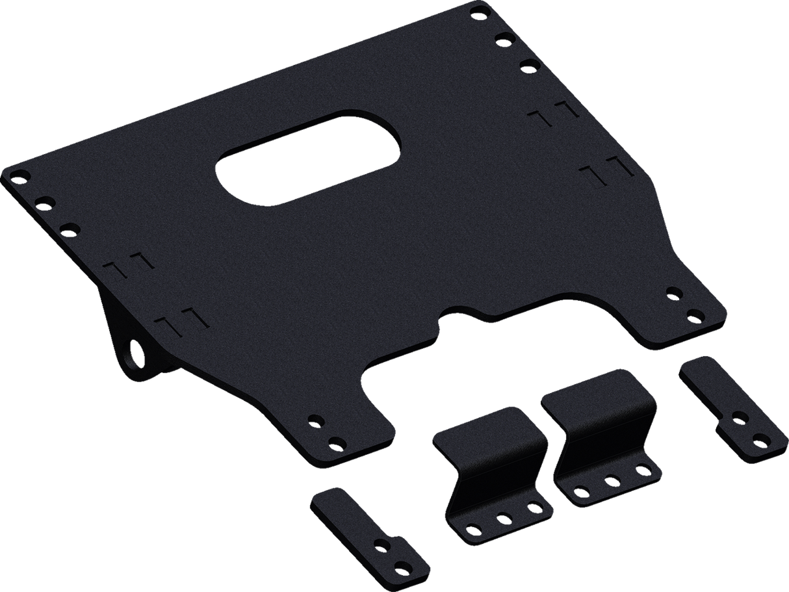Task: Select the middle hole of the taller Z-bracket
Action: pyautogui.click(x=612, y=480)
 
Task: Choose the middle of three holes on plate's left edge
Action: pyautogui.click(x=42, y=202)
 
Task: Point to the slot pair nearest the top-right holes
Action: pyautogui.click(x=554, y=112)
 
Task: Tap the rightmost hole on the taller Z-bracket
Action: pyautogui.click(x=641, y=466)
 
